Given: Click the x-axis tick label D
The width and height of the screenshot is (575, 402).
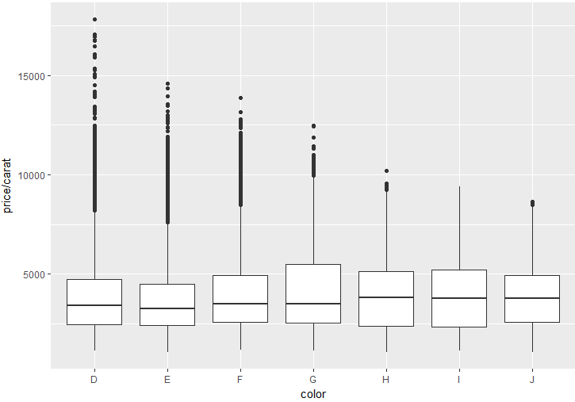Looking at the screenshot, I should point(94,380).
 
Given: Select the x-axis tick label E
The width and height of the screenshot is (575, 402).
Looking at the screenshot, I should point(167,380).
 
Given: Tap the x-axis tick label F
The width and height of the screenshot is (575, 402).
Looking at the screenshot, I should point(240,380).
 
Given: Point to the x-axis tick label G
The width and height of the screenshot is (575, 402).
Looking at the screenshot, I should point(313,380).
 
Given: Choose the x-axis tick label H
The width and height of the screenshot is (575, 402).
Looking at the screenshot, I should point(386,380).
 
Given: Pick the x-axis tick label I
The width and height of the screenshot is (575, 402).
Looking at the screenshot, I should point(459,380).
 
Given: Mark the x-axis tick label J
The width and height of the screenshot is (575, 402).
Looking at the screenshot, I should point(532,380).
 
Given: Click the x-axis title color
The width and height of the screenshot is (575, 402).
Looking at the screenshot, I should point(313,394).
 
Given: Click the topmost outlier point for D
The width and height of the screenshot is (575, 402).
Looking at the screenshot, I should point(94,19).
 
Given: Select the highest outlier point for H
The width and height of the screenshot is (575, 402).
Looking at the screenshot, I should point(386,170).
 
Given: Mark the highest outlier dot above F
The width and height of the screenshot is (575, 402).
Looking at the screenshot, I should point(240,98).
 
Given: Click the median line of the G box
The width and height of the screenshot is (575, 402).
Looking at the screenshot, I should point(313,304).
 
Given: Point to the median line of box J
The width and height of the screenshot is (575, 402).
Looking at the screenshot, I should point(532,298).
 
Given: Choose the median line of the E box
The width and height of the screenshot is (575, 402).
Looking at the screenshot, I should point(167,308).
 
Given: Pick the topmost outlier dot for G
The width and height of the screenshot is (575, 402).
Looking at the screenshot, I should point(313,126).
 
